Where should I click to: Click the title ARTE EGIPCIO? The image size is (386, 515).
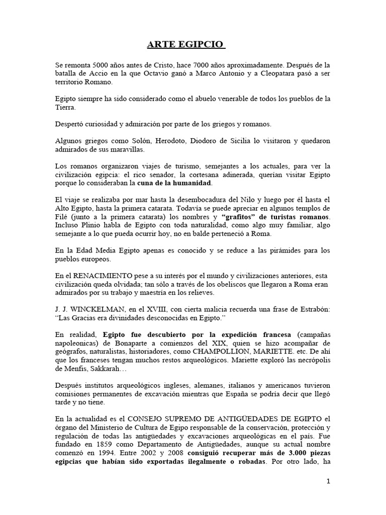[x=185, y=46]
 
